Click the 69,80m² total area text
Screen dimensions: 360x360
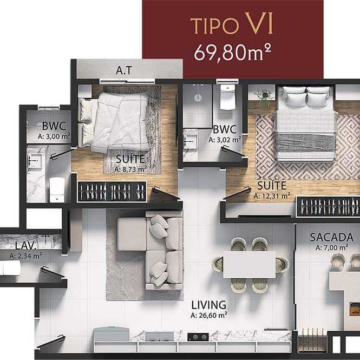(232, 53)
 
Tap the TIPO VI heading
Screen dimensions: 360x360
(232, 24)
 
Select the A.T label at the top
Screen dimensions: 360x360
(124, 70)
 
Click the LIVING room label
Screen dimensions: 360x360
(209, 305)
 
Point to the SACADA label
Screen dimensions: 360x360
(331, 238)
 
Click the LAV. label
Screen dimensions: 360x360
(26, 246)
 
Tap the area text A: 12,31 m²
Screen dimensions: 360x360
(272, 196)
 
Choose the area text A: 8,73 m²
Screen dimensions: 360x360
(130, 169)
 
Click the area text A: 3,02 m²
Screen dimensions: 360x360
(225, 140)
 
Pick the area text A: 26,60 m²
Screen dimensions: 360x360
(209, 315)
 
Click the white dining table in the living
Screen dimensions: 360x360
(249, 265)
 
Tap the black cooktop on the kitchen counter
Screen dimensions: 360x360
(198, 337)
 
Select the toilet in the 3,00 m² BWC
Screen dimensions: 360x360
(57, 189)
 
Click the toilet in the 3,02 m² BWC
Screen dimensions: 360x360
(227, 97)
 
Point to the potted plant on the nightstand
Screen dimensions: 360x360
(264, 95)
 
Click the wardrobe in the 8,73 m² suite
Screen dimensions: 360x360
(112, 192)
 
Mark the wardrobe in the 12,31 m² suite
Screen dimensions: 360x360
(328, 207)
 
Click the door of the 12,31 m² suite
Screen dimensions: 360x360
(237, 193)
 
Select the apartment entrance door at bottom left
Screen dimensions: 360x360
(51, 341)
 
